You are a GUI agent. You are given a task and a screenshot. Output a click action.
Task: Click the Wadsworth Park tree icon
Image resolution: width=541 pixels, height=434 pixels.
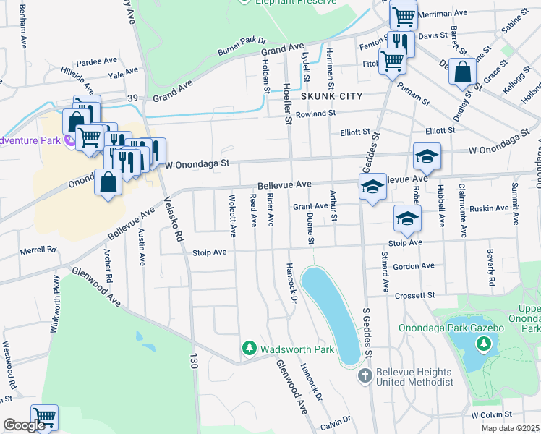(250, 349)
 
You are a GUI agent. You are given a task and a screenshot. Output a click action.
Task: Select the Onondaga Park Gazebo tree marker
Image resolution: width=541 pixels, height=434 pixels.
(481, 344)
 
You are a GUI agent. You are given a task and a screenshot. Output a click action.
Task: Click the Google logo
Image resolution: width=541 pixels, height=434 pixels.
(24, 425)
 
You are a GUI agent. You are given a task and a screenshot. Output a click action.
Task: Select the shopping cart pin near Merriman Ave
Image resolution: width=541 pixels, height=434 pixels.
(403, 15)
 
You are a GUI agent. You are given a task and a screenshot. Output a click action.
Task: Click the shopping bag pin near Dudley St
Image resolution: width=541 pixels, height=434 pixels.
(462, 72)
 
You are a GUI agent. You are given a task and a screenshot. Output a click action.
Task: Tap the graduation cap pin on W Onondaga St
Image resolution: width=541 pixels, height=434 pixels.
(427, 156)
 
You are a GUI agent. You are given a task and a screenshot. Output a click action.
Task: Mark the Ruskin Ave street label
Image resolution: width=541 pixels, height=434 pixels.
(489, 208)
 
